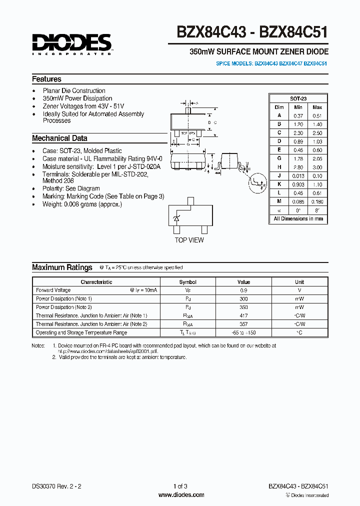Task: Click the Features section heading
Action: (46, 79)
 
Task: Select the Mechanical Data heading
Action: (59, 138)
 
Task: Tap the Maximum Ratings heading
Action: (62, 267)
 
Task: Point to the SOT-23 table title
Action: (298, 99)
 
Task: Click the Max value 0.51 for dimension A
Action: (317, 115)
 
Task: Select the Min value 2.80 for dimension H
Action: (298, 167)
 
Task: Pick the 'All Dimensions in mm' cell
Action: (298, 219)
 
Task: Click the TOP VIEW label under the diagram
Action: (189, 240)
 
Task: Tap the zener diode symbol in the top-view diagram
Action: (176, 218)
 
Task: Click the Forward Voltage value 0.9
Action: (243, 290)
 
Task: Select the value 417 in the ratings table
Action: (243, 315)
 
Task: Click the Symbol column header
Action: (188, 282)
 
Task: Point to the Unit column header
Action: (299, 282)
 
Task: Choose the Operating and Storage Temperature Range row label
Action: (81, 332)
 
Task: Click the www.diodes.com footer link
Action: (181, 495)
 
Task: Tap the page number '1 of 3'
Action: (180, 486)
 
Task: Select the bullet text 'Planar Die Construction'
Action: (74, 91)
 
